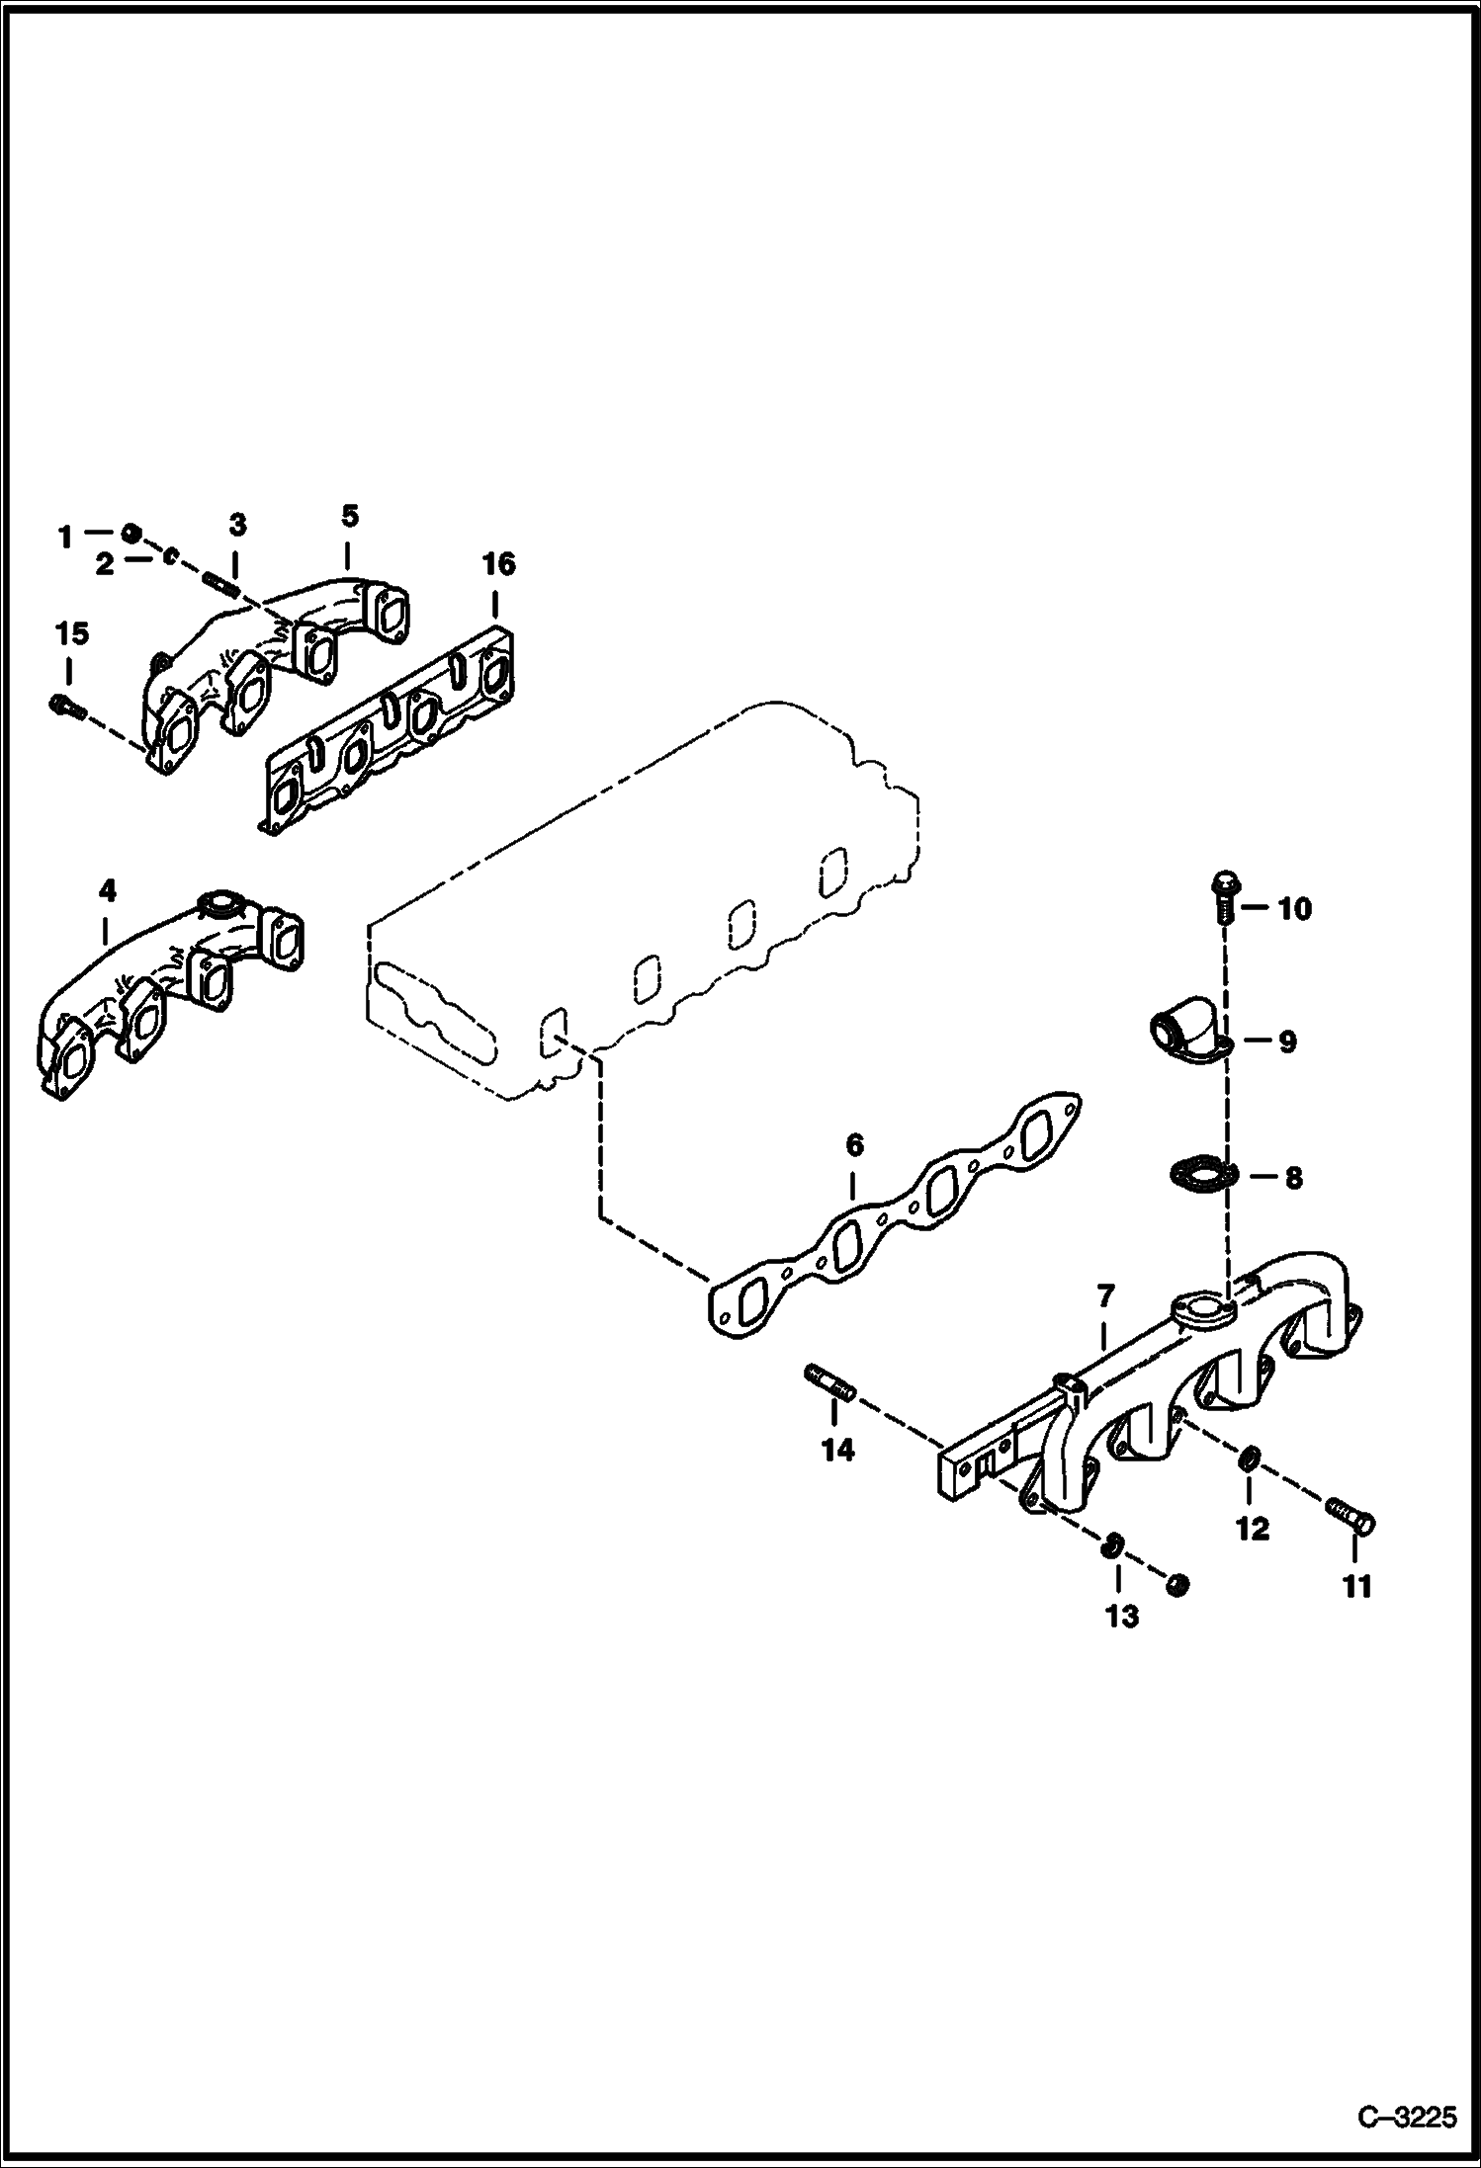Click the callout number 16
tap(498, 564)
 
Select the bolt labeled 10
tap(1224, 895)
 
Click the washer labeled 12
tap(1249, 1459)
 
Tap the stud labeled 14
tap(828, 1381)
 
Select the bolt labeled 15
tap(65, 705)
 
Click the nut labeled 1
tap(131, 535)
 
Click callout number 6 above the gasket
tap(854, 1145)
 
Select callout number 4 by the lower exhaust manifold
tap(107, 891)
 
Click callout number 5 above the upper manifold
tap(349, 516)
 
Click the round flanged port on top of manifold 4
tap(218, 903)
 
